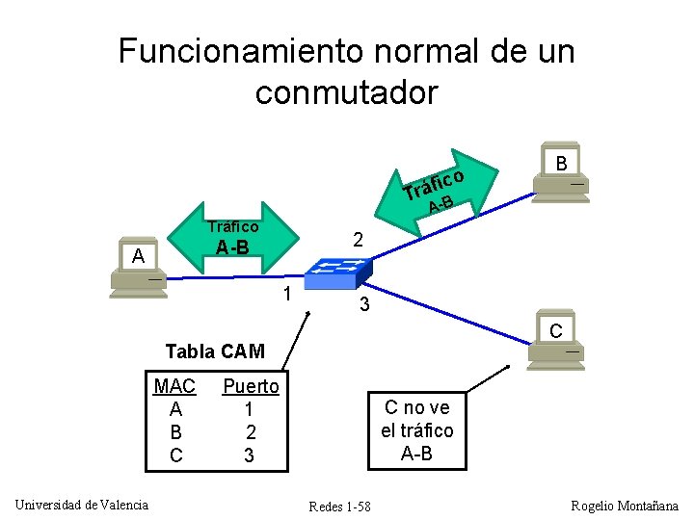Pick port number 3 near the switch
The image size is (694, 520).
(363, 306)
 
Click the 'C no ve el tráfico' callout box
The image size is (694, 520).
(417, 430)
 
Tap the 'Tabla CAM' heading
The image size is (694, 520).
(215, 351)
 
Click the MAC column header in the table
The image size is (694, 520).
(174, 386)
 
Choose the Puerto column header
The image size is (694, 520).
(251, 386)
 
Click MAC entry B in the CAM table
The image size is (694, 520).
(175, 432)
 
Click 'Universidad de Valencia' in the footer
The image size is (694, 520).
(81, 505)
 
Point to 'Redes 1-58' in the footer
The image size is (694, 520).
(339, 507)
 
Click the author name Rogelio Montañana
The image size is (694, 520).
(625, 506)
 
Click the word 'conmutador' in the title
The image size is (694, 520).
(346, 92)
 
